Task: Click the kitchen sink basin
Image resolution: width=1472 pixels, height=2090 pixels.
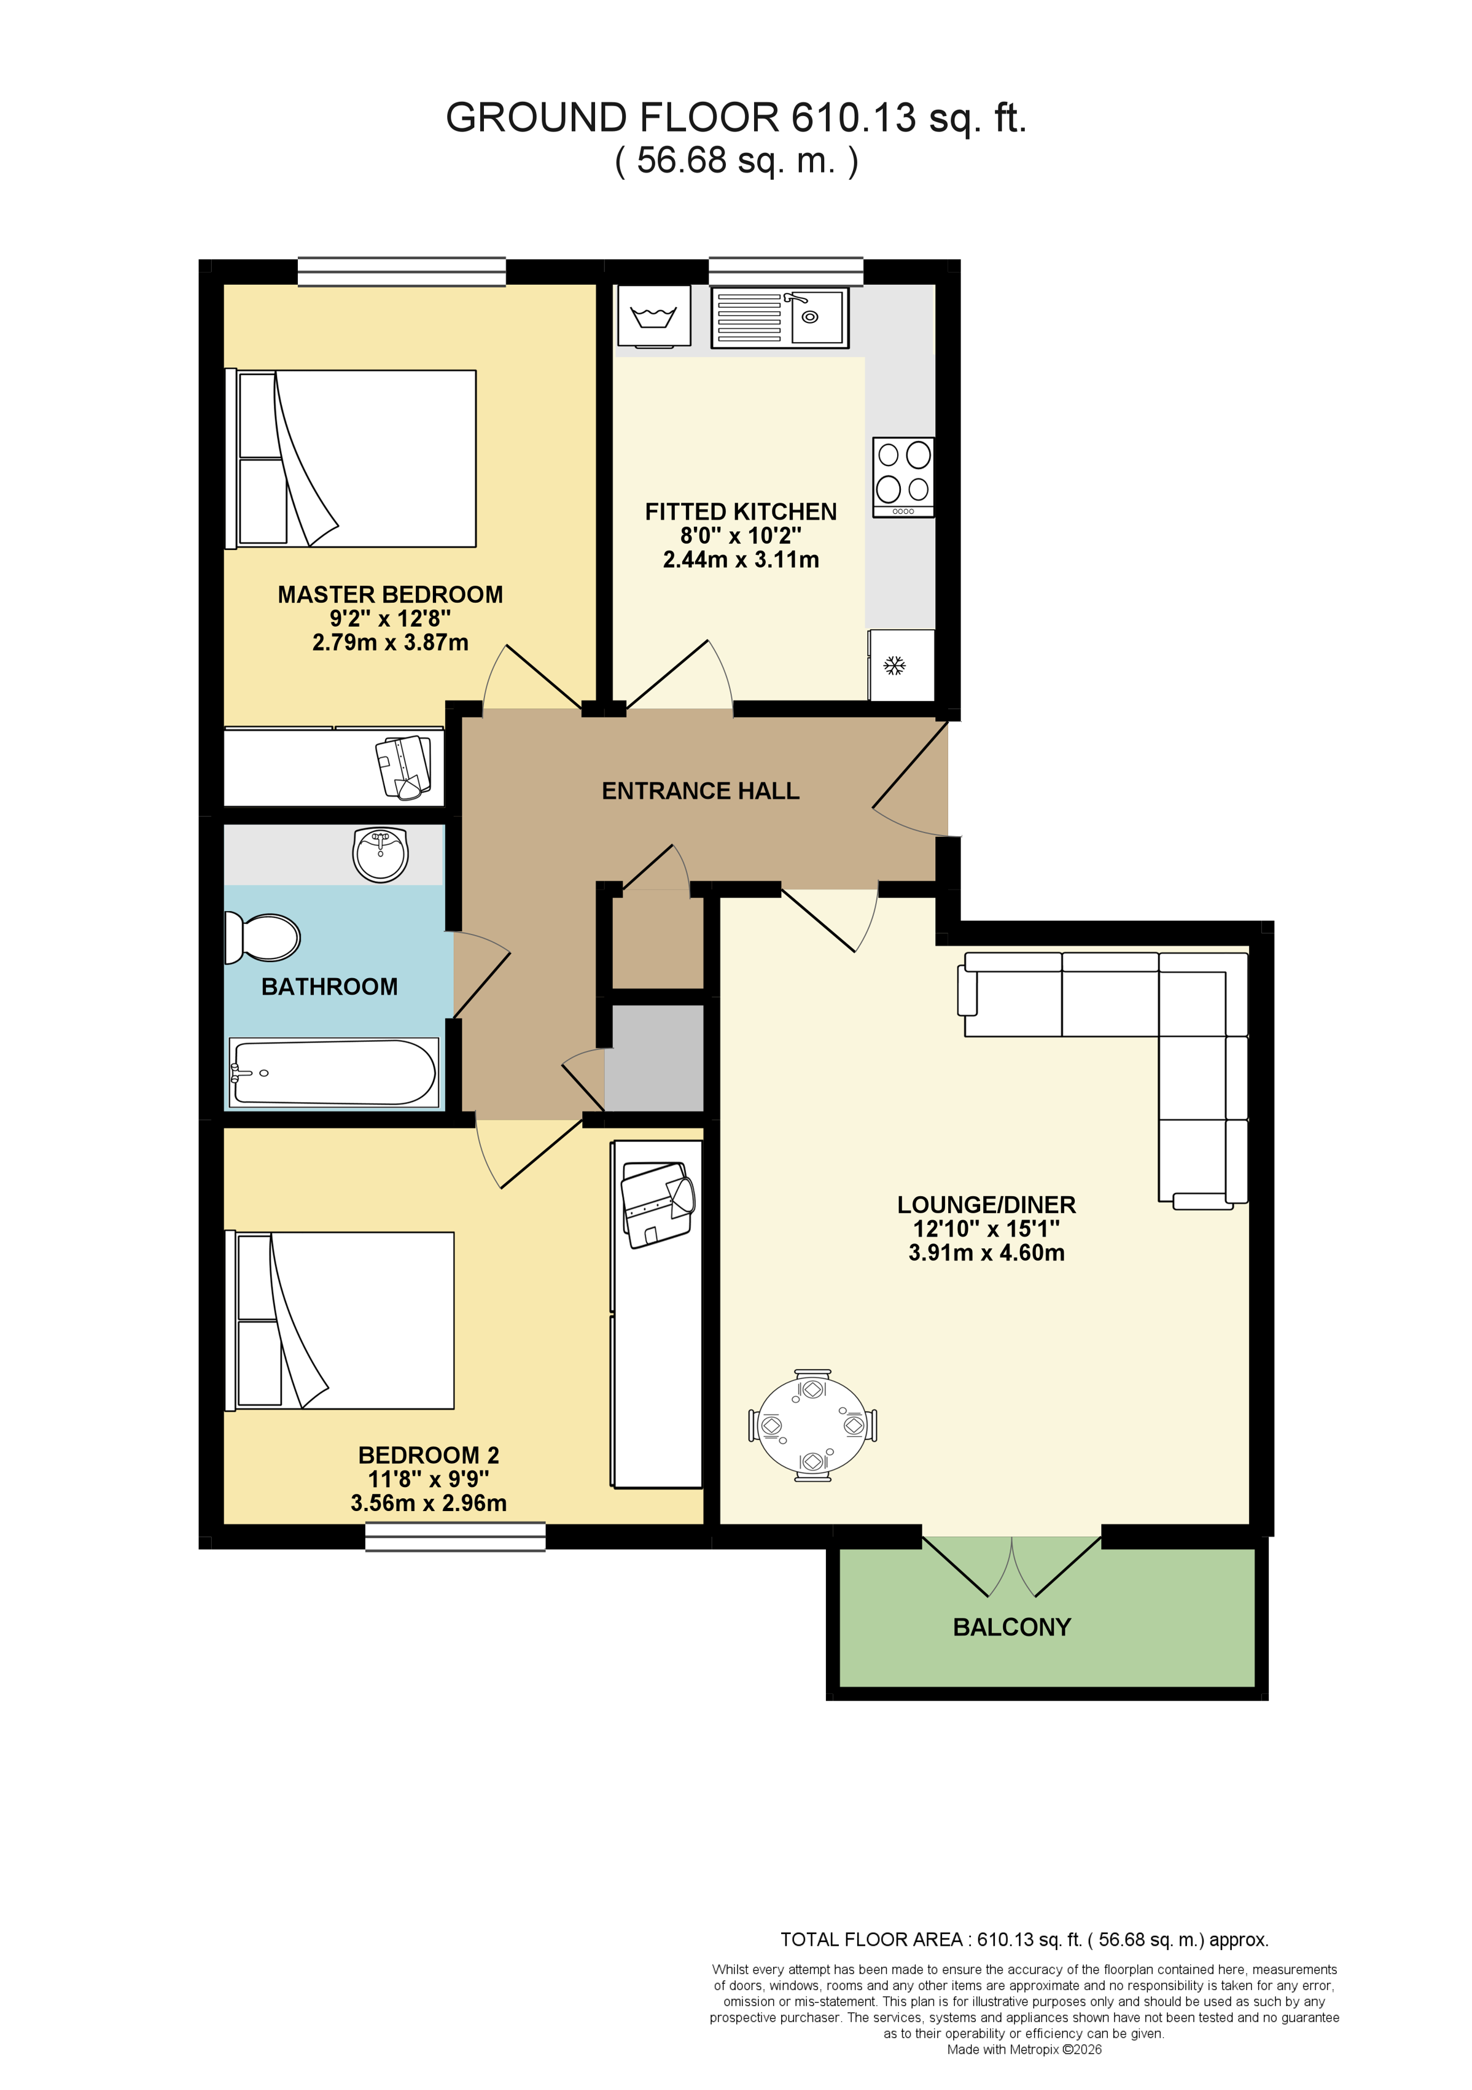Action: [817, 317]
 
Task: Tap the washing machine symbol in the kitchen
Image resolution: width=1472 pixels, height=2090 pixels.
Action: [653, 316]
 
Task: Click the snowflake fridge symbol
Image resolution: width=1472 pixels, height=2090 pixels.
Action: [895, 666]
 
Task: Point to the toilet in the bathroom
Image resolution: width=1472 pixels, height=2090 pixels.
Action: [262, 938]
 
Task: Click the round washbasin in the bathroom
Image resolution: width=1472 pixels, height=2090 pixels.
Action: [381, 854]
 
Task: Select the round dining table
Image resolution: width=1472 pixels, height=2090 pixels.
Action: [813, 1426]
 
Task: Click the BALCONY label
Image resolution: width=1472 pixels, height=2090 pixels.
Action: [1011, 1626]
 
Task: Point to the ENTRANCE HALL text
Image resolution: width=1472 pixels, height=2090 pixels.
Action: [700, 791]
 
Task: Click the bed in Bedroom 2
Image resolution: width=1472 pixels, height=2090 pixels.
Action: [340, 1321]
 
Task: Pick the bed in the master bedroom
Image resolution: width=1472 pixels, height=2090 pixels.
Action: [351, 459]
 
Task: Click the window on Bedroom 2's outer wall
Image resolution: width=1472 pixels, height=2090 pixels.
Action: [455, 1537]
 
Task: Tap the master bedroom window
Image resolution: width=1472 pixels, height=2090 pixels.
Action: [402, 271]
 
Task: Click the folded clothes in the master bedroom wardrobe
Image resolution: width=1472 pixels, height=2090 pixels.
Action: [404, 766]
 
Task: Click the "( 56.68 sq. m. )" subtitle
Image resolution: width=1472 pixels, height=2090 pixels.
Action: [736, 160]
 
